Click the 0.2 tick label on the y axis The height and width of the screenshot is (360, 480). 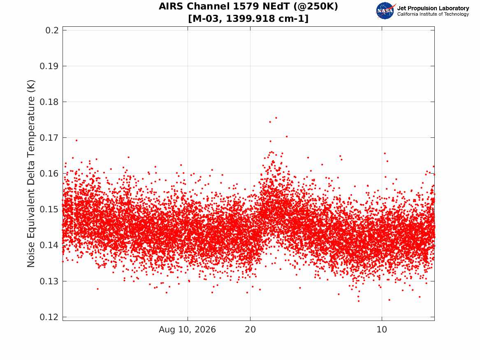tap(52, 30)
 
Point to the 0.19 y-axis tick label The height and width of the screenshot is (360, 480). tap(49, 66)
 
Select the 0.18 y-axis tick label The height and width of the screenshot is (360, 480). tap(49, 102)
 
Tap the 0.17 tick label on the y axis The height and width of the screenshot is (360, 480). tap(49, 138)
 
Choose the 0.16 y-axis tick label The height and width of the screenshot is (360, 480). tap(49, 174)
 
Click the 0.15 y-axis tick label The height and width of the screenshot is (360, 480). tap(49, 209)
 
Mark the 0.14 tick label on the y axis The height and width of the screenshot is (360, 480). tap(49, 245)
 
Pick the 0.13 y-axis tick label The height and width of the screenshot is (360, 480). tap(49, 281)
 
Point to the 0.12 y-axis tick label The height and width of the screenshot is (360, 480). tap(49, 317)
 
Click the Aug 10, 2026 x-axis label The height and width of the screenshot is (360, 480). tap(187, 330)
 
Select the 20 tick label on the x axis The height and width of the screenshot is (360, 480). tap(250, 330)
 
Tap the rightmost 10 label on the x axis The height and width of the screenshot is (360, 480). tap(382, 330)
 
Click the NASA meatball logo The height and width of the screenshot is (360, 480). tap(385, 11)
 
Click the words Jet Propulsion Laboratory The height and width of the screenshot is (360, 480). tap(433, 8)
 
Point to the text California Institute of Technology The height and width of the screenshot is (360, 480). tap(433, 14)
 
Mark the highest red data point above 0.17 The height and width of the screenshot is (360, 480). tap(276, 118)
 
